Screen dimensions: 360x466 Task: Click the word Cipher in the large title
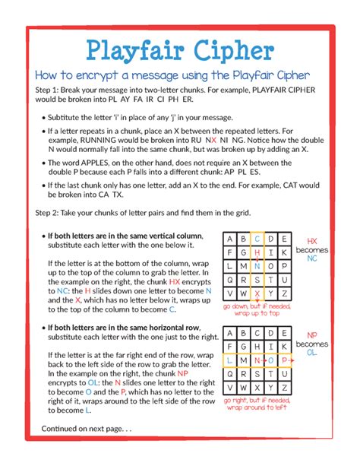232,51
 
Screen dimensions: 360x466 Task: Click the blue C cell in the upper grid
258,238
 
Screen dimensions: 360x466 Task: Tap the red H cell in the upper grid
258,252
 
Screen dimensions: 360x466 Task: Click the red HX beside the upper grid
311,239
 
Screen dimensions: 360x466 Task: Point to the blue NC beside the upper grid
311,258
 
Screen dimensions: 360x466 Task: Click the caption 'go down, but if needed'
257,306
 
